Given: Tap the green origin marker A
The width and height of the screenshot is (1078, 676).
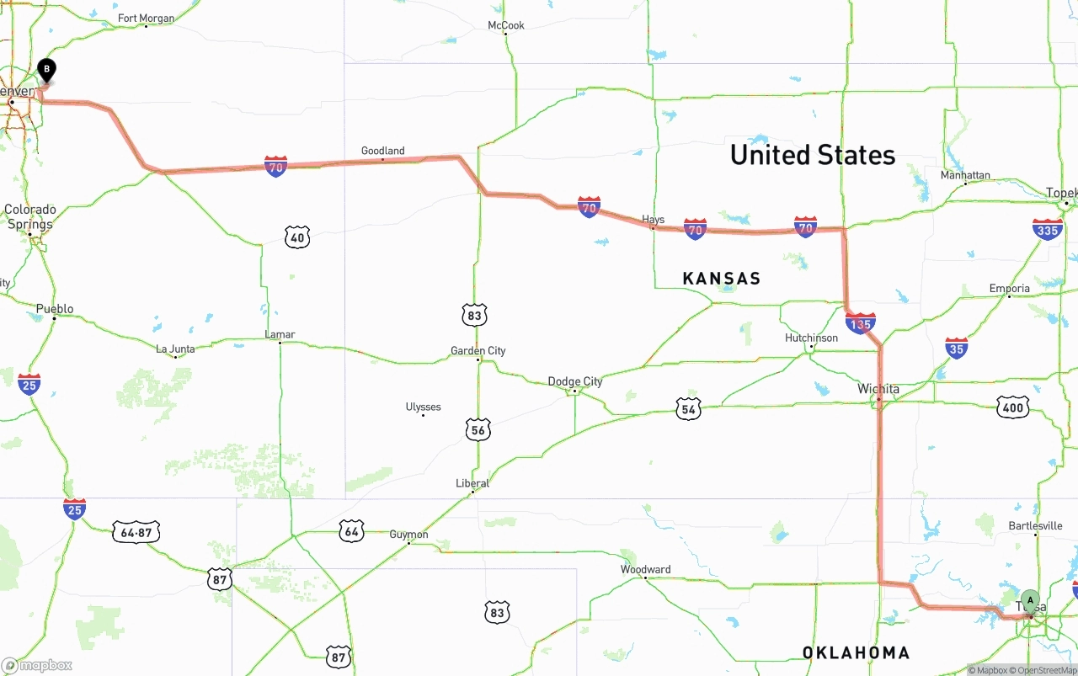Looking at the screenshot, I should tap(1030, 600).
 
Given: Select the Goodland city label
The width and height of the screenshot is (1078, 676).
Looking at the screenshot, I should tap(382, 151).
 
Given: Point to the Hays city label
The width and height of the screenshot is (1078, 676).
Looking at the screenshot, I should tap(653, 220).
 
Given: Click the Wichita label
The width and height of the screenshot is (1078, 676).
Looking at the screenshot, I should tap(878, 389).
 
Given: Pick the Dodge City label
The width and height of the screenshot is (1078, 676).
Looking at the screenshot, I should tap(575, 381).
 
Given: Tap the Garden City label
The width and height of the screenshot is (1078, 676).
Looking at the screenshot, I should tap(478, 350).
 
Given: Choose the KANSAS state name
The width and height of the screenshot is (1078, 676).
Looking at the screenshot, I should tap(722, 279).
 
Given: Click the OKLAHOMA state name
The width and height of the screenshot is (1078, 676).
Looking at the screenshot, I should tap(856, 652).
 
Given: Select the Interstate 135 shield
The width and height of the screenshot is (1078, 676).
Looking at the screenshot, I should tap(860, 322).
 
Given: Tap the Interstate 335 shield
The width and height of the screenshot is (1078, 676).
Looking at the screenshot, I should tap(1047, 229).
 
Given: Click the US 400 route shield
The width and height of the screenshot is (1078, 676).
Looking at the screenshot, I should tap(1012, 409).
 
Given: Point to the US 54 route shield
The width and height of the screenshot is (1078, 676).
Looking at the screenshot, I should tap(688, 409).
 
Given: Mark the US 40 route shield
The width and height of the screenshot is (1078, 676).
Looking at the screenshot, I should tap(296, 237).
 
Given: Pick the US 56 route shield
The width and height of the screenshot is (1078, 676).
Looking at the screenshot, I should tap(478, 430).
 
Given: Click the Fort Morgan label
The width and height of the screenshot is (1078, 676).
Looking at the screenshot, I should tap(146, 19).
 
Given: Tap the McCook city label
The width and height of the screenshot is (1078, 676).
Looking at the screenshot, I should tap(506, 25).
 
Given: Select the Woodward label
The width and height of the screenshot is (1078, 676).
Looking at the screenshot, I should tap(645, 570).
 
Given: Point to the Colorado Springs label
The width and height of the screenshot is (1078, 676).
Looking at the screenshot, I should tap(30, 217).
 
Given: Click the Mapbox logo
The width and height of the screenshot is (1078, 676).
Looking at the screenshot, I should tap(37, 665).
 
